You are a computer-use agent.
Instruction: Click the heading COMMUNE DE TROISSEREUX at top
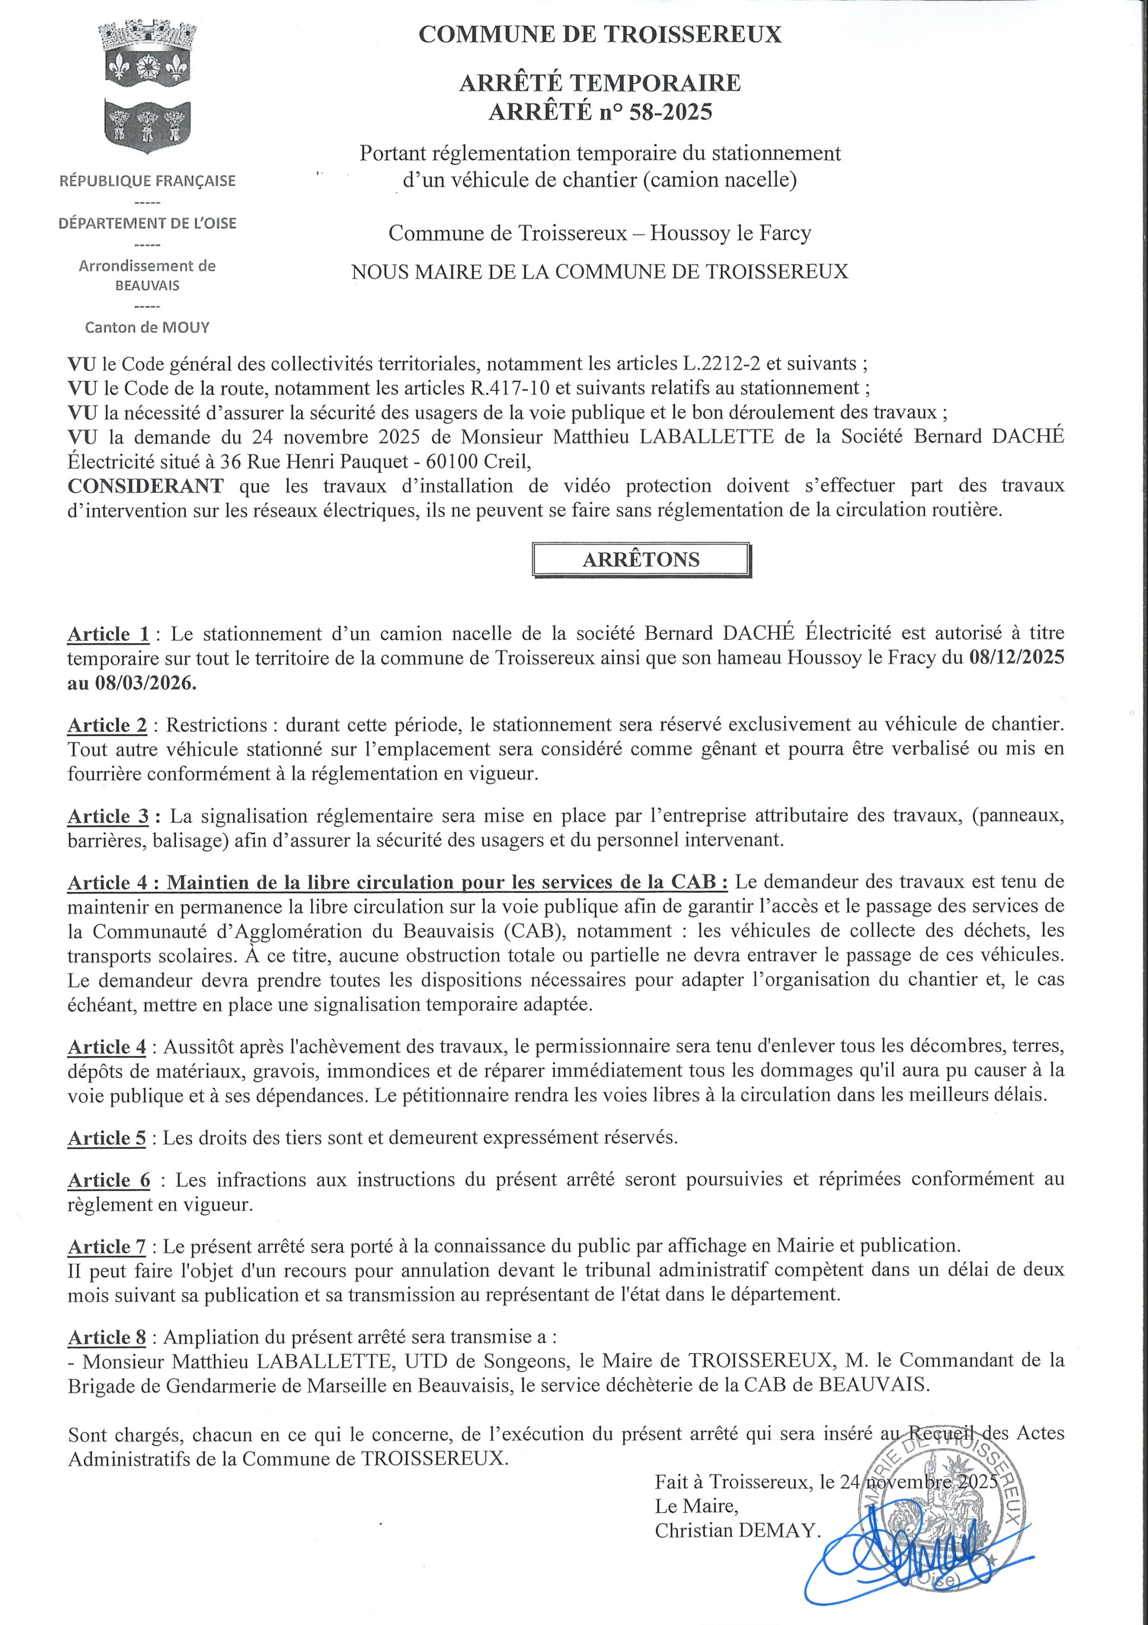tap(600, 34)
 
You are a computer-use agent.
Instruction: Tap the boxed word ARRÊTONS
tap(641, 560)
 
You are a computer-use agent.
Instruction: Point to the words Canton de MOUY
tap(147, 327)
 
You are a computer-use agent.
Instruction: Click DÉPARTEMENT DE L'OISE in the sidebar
tap(147, 223)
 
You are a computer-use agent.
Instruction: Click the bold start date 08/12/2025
tap(1016, 657)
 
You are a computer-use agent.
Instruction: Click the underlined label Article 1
tap(108, 633)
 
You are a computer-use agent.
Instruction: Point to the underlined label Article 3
tap(108, 816)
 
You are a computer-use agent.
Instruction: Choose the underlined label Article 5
tap(107, 1137)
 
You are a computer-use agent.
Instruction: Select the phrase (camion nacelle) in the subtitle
tap(719, 180)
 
